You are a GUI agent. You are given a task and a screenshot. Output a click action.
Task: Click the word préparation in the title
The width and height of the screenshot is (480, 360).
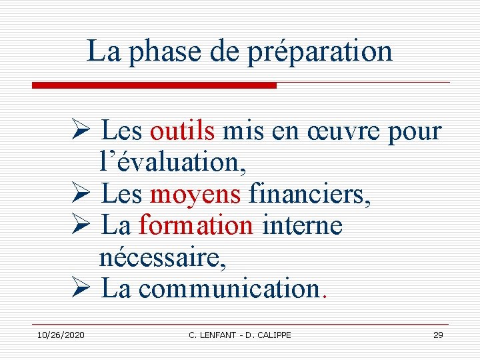click(x=320, y=52)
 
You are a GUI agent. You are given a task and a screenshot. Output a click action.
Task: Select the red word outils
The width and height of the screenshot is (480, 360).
click(x=182, y=131)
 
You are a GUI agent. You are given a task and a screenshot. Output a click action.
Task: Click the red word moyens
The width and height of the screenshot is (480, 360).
click(x=195, y=194)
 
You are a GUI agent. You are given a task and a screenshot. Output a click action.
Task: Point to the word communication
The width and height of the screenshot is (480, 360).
click(x=229, y=289)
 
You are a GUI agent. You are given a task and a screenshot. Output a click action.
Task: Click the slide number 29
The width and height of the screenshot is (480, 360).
click(x=438, y=335)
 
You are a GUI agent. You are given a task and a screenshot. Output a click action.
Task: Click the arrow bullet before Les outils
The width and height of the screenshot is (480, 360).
click(x=84, y=131)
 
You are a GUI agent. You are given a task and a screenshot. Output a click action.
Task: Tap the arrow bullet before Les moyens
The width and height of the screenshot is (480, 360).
click(x=84, y=194)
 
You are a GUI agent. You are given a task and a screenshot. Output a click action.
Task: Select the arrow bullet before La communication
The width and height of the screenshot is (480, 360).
click(x=84, y=289)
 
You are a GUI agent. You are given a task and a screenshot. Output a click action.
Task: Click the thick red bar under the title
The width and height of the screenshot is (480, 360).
click(x=154, y=85)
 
